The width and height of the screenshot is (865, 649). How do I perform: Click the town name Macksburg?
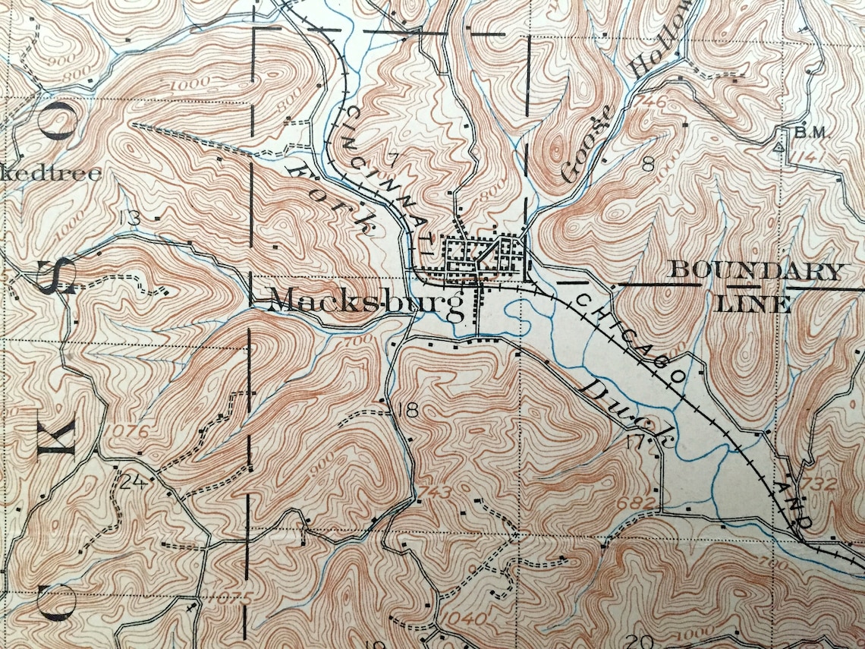366,302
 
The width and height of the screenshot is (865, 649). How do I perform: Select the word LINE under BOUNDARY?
754,305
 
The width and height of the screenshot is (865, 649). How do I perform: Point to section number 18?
407,411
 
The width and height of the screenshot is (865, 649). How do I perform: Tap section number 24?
131,481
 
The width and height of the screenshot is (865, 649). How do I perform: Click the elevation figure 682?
641,502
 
